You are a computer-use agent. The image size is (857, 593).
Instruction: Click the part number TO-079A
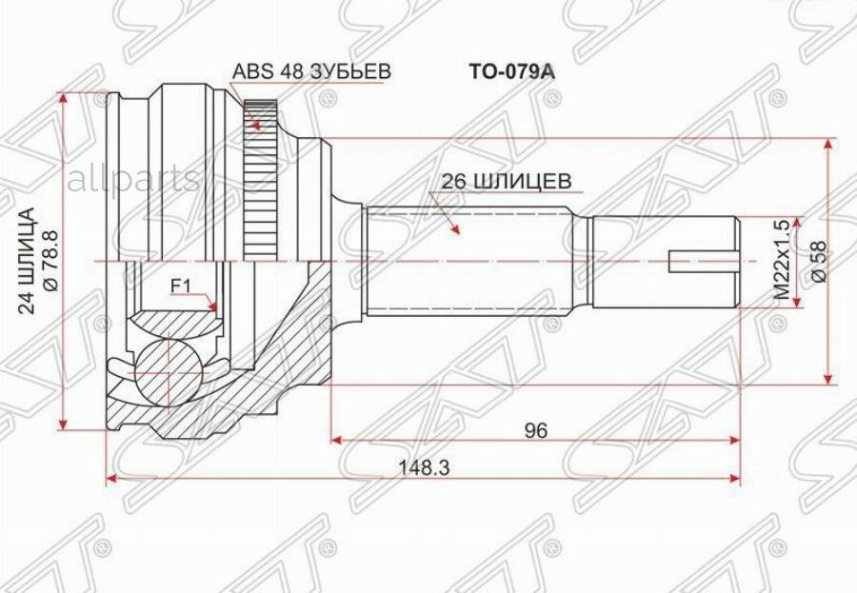[511, 72]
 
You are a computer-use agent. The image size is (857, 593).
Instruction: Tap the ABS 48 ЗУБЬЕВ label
[311, 71]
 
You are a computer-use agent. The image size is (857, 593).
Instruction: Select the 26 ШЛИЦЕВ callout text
[507, 181]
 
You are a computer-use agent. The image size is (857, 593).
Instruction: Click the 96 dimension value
[535, 430]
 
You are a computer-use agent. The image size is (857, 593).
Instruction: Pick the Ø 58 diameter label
[820, 261]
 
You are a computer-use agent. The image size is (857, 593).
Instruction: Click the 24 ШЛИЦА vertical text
[27, 260]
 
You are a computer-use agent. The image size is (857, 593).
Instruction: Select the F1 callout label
[181, 286]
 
